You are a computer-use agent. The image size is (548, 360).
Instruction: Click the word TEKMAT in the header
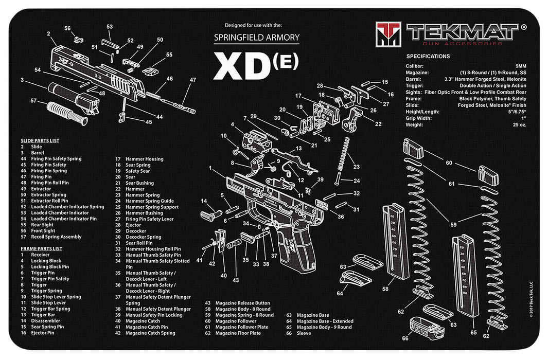(x=462, y=31)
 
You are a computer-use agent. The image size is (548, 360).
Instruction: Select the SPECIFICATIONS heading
(x=428, y=56)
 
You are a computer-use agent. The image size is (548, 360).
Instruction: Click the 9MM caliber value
(x=520, y=66)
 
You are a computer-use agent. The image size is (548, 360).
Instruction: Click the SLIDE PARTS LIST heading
(x=40, y=140)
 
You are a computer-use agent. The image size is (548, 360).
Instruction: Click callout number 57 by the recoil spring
(x=33, y=101)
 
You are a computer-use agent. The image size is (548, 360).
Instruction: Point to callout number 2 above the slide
(x=48, y=34)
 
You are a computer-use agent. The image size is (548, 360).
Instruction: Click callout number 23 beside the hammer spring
(x=356, y=167)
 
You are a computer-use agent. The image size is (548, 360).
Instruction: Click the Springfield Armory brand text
(x=256, y=38)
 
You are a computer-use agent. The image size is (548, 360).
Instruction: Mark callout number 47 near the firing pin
(x=193, y=80)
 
